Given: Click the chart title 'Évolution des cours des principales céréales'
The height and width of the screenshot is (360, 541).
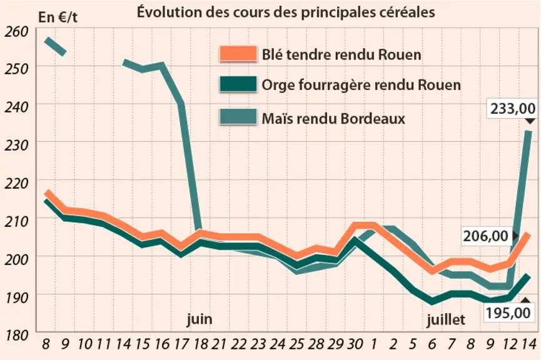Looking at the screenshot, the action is [286, 12].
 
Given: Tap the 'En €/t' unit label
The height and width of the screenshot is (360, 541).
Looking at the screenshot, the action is [58, 17].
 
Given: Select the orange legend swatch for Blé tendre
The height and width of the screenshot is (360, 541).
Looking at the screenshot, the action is [238, 54].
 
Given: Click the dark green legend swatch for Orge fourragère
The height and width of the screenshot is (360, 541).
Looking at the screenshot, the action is [238, 84].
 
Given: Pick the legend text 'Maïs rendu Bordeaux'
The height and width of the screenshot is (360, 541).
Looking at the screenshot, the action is [333, 119].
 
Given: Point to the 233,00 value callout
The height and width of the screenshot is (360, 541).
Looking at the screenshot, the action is [513, 109].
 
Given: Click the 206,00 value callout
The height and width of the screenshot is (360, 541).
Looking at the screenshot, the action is [485, 236].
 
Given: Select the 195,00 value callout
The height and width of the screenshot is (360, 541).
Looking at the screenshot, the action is [508, 312].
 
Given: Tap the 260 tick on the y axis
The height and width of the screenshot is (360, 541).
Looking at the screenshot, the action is [16, 32].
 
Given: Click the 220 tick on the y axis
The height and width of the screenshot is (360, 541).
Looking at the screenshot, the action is [16, 184].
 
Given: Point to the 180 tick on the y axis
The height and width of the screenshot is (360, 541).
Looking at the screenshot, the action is [16, 335].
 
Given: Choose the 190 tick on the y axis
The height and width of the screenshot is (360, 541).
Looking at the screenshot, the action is [16, 297].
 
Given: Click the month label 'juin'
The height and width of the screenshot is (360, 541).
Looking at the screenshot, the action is [200, 319].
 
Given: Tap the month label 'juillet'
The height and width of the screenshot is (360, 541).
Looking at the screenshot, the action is [446, 319].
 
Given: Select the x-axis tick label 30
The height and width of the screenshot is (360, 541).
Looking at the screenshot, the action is [355, 344].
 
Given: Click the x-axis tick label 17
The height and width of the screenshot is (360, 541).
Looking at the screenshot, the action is [181, 344].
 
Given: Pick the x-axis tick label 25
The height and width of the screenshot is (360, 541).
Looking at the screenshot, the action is [296, 344].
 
